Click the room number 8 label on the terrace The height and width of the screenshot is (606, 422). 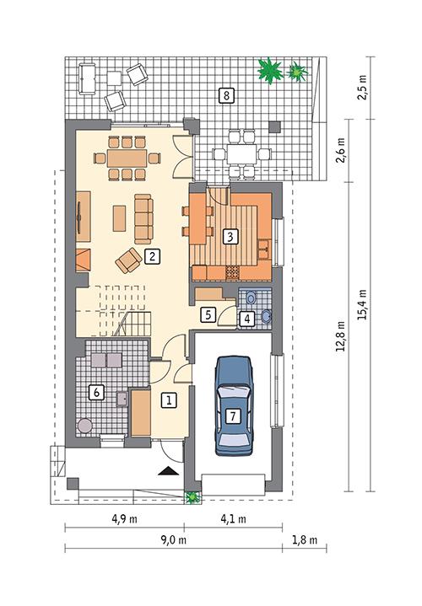point(225,95)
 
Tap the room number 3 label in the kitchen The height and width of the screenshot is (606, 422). point(228,237)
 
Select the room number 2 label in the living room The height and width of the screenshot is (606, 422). point(152,256)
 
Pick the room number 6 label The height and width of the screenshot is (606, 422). point(96,392)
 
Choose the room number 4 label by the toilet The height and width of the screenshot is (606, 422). point(246,319)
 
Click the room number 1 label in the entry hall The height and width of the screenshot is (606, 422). point(169,400)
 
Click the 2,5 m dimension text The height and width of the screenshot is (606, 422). point(364,89)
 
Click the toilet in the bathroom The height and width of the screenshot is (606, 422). point(265,315)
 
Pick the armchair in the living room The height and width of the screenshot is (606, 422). point(128,260)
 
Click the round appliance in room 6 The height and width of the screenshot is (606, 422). point(84,426)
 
